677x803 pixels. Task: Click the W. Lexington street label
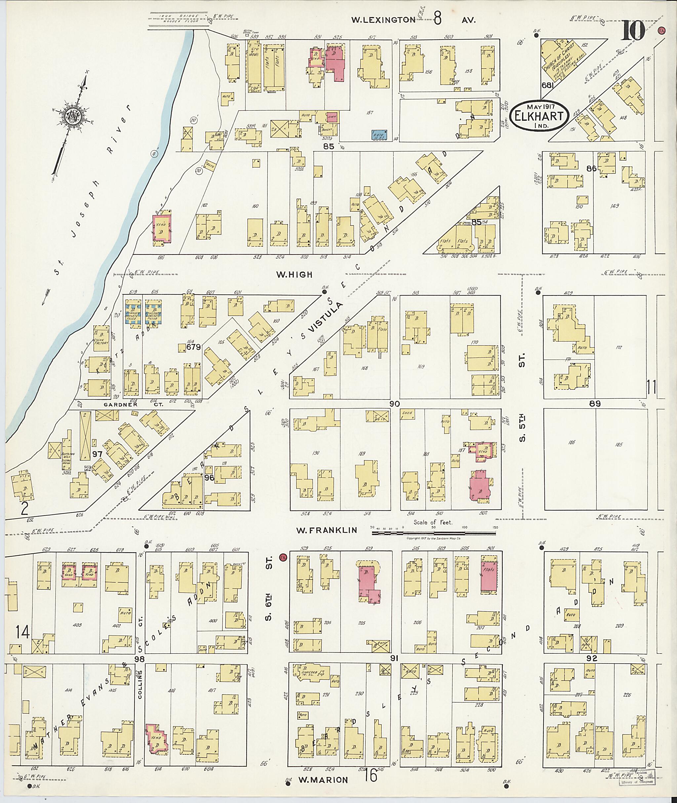(383, 20)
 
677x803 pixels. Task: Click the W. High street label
(294, 274)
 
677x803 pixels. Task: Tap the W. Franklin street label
(327, 530)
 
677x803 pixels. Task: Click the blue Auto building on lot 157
(379, 135)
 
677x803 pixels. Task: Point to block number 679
(193, 347)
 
